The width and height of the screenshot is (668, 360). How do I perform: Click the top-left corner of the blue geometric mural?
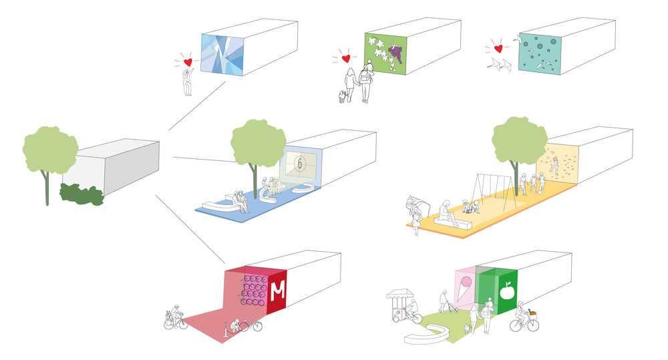201,35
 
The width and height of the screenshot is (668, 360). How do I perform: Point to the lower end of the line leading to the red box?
224,264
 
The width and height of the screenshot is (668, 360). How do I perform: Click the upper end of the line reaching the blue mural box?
225,81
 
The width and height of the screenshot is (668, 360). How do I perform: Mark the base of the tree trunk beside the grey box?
47,205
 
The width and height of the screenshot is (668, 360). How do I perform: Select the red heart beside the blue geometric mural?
188,62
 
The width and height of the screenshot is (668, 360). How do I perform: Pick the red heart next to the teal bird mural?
498,49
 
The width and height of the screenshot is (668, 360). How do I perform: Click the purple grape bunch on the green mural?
395,53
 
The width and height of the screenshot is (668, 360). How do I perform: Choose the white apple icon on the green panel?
507,291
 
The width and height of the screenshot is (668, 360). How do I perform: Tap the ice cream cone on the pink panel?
464,288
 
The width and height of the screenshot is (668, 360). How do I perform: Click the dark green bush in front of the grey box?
81,194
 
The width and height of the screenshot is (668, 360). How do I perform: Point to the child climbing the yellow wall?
553,166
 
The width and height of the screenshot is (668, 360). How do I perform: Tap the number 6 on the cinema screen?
301,164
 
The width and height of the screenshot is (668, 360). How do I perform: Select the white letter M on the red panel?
277,291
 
